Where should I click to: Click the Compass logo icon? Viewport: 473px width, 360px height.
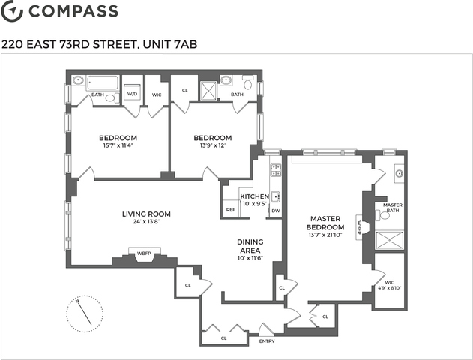tap(12, 10)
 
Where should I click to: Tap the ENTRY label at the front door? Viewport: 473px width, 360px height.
tap(267, 341)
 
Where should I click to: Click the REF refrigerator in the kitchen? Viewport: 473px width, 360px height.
tap(231, 208)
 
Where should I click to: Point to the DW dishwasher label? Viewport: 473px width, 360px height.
tap(276, 211)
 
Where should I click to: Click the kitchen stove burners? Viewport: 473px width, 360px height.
tap(275, 170)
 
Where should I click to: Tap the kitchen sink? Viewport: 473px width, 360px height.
tap(276, 197)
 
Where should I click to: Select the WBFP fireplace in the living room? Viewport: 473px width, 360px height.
tap(144, 253)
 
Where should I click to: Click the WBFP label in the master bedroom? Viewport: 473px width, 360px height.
tap(359, 227)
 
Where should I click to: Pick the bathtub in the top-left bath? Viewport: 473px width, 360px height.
tap(103, 82)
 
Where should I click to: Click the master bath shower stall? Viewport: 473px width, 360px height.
tap(389, 240)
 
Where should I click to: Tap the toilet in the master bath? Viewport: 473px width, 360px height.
tap(383, 214)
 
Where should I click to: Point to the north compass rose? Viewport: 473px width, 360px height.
tap(85, 313)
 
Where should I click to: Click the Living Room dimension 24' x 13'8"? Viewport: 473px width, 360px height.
tap(146, 222)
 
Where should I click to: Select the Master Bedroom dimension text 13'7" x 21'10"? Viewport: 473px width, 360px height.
tap(325, 235)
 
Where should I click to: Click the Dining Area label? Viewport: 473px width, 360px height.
tap(250, 246)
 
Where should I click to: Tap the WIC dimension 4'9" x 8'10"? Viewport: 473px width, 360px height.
tap(390, 288)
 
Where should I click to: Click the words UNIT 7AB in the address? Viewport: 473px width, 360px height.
tap(170, 44)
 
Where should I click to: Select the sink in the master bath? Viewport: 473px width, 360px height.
tap(400, 173)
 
